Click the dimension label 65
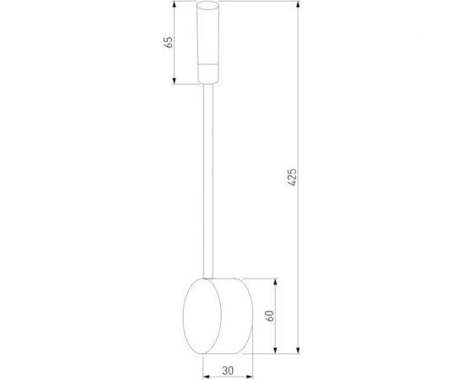point(167,42)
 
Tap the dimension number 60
point(270,316)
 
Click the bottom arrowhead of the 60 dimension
point(278,349)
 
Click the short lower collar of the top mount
point(208,74)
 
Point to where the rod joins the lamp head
point(208,275)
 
